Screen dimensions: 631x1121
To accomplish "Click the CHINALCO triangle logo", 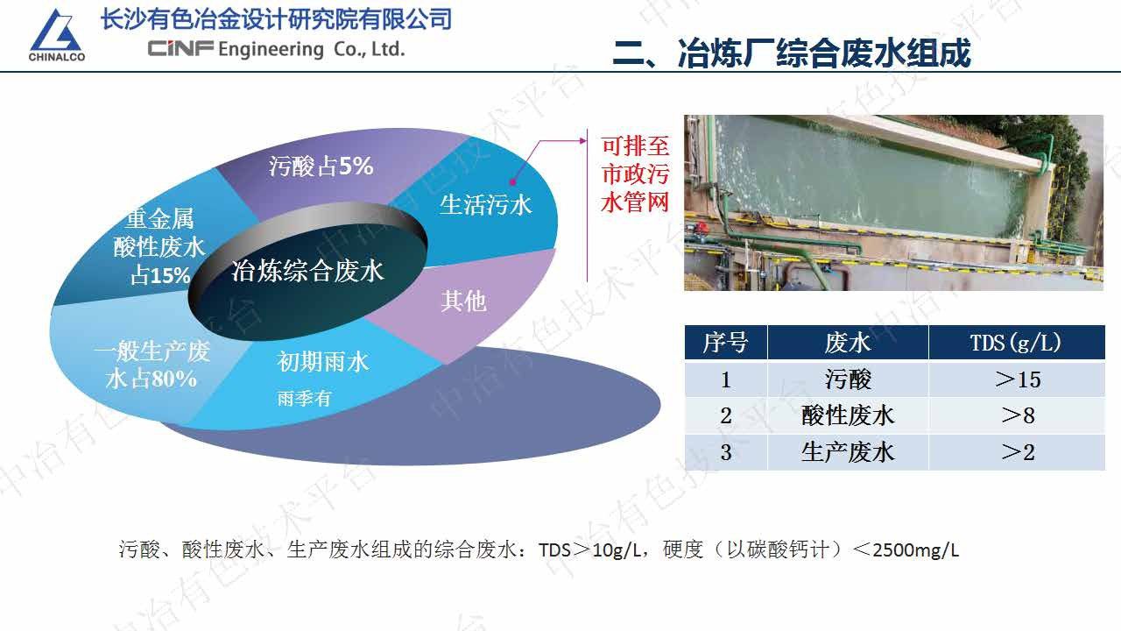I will pos(57,35).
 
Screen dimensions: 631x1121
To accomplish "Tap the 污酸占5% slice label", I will pos(321,166).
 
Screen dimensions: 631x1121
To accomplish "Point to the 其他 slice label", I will pos(463,301).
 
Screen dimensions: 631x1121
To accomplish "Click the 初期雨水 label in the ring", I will pos(323,361).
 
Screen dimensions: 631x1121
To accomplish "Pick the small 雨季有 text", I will pos(304,398).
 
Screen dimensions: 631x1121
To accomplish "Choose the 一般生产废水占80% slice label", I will pos(152,365).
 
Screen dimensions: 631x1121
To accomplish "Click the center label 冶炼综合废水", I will pos(307,271).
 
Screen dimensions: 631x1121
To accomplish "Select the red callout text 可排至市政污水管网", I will pos(635,174).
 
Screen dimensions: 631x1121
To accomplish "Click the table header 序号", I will pos(725,343).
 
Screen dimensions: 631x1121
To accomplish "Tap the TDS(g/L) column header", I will pos(1016,343).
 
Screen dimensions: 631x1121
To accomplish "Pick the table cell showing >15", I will pos(1016,379).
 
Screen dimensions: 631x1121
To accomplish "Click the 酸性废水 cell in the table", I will pos(848,415).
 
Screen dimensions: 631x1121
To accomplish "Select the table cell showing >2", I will pos(1016,452).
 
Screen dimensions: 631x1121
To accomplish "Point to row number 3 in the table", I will pos(725,452).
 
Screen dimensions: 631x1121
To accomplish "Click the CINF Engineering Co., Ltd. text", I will pos(276,49).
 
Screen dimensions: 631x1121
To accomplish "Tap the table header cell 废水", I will pos(848,343).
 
